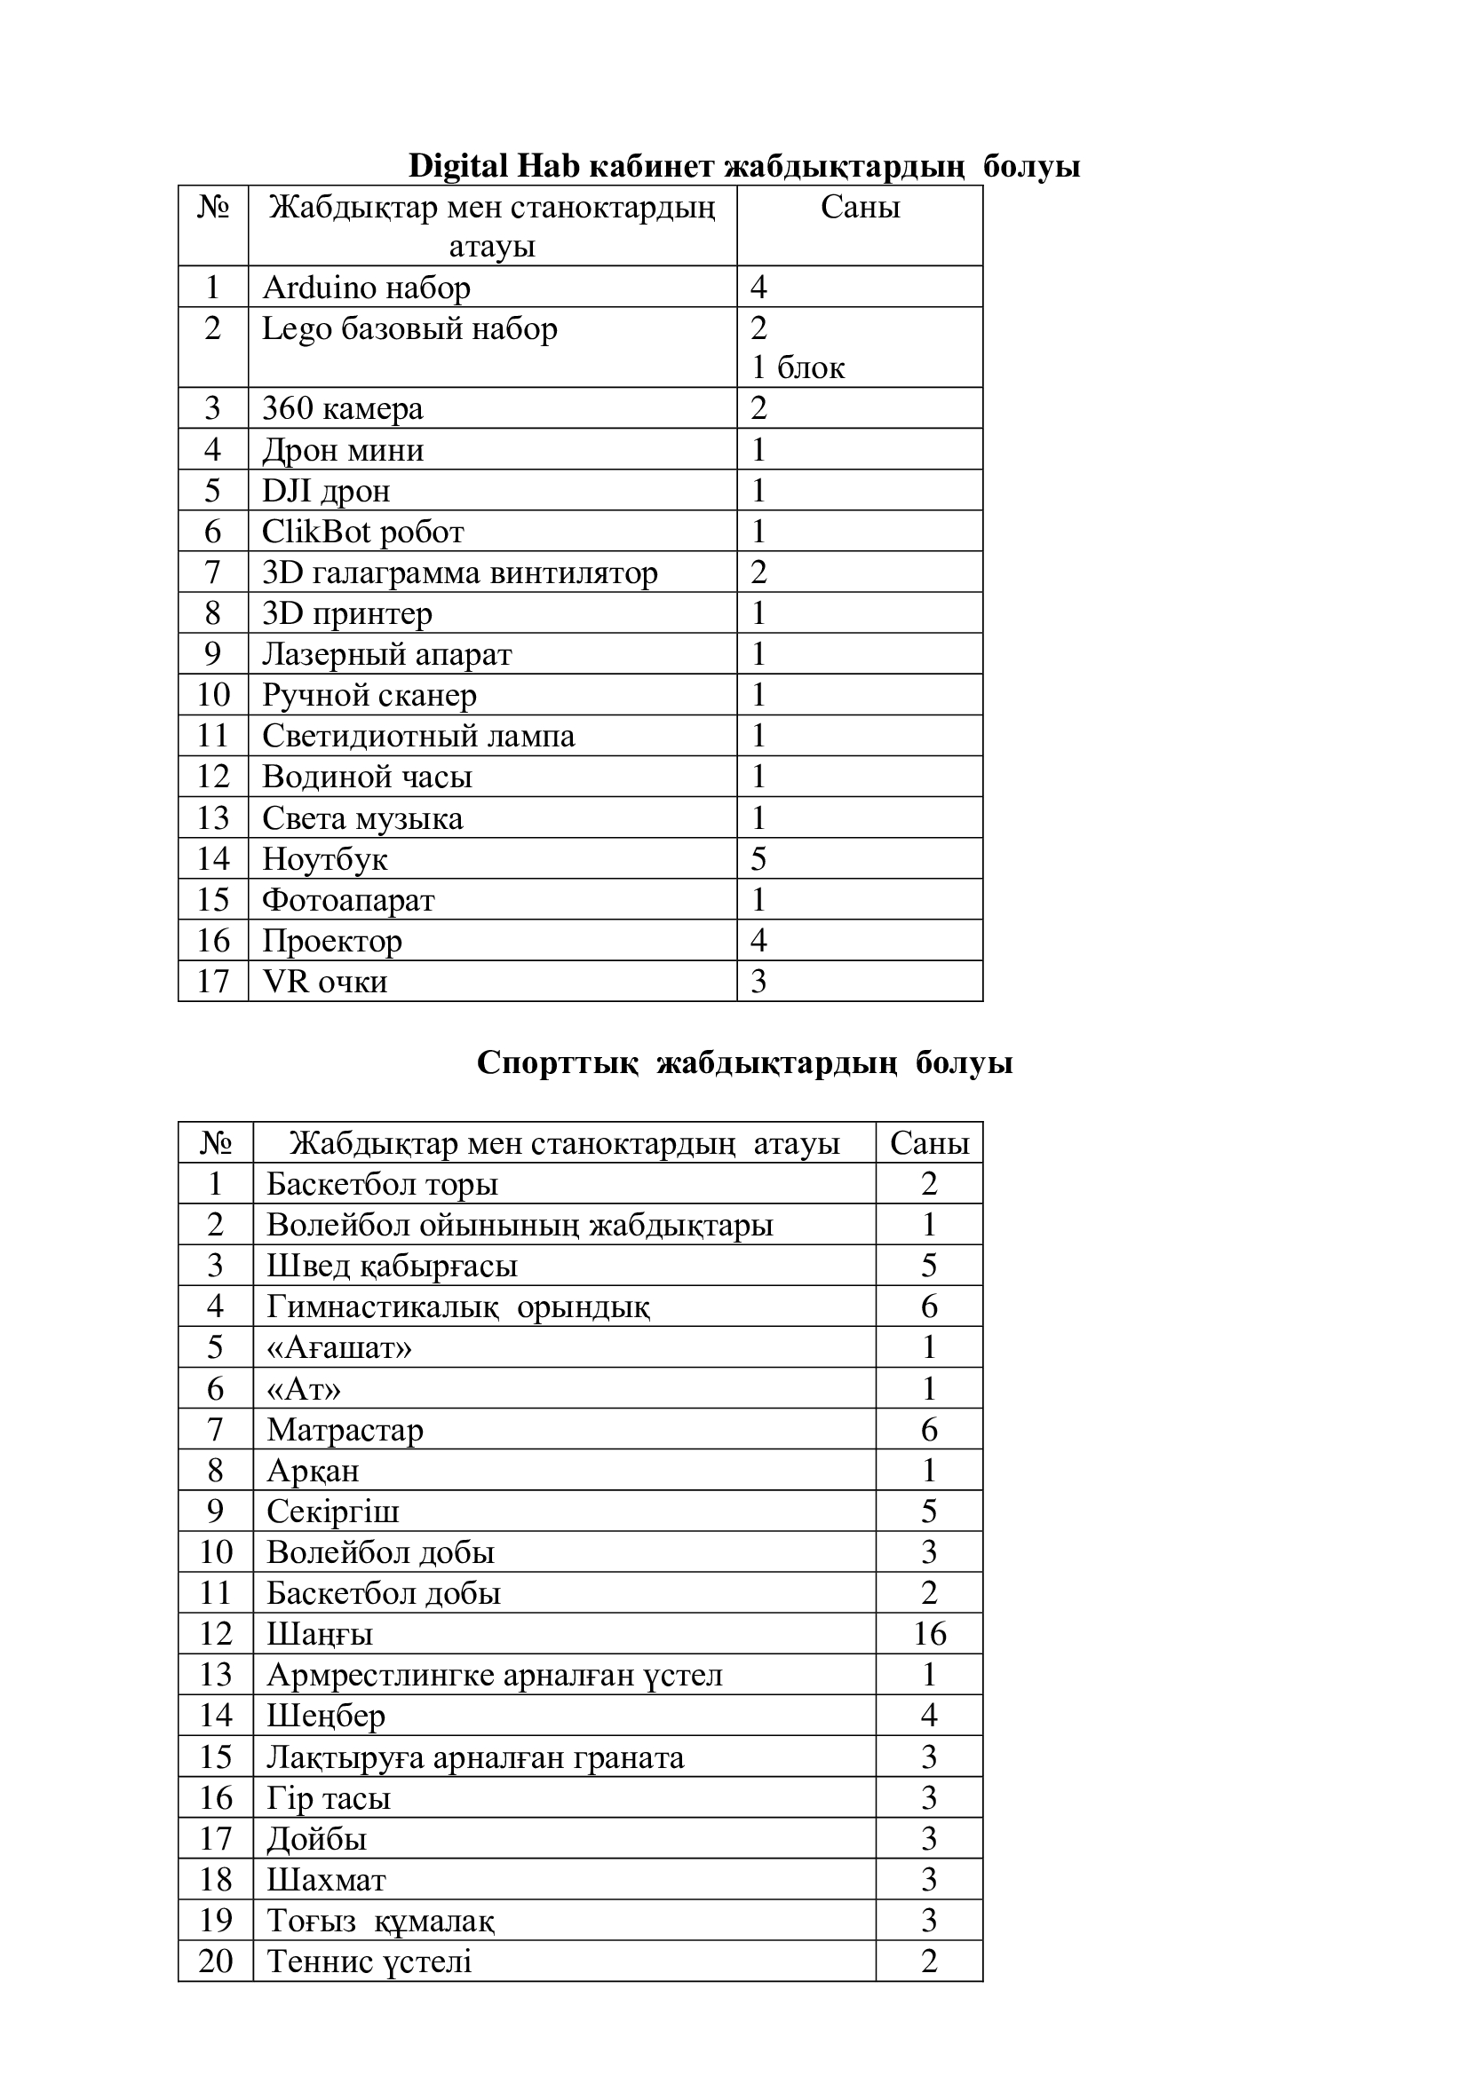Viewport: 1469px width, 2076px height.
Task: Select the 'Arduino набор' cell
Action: point(366,288)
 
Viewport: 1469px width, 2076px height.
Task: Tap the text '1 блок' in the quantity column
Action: point(798,368)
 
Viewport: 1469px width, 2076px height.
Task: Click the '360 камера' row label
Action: point(343,408)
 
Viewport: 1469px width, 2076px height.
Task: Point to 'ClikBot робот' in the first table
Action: point(362,532)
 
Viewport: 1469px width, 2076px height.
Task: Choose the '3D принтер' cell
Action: point(347,613)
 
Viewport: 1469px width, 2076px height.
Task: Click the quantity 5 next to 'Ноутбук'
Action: point(758,859)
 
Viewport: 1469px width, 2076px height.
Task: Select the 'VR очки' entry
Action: point(325,982)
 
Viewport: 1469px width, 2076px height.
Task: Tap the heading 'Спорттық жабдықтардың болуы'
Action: point(743,1062)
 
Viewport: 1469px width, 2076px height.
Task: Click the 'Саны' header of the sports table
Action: point(929,1144)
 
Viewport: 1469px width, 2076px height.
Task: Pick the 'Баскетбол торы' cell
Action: point(382,1185)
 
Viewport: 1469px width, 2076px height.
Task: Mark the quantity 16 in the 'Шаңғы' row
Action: point(929,1634)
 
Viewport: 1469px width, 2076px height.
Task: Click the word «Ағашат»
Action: point(339,1348)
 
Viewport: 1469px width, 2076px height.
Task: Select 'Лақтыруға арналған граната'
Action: point(475,1756)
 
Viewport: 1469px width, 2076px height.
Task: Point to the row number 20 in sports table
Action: point(215,1962)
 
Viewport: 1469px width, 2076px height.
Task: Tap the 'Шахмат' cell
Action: point(326,1880)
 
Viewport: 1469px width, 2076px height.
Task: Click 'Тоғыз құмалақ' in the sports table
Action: point(380,1921)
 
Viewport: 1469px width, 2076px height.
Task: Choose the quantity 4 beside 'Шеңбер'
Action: point(929,1716)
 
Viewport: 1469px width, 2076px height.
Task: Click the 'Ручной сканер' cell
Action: point(369,695)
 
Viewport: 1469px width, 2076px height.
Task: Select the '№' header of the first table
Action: point(213,208)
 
